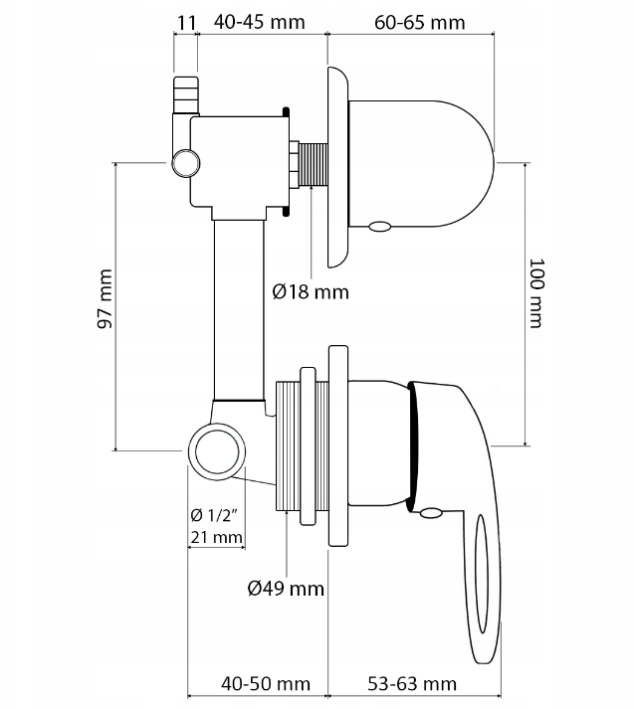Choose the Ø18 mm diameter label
coord(311,291)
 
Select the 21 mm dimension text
coord(216,538)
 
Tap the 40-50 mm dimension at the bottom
coord(265,683)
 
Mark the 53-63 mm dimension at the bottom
coord(410,683)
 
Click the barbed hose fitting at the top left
coord(186,93)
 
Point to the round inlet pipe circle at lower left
coord(216,450)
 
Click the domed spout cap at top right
coord(428,159)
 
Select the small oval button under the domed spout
coord(378,227)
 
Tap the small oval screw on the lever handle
coord(430,513)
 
